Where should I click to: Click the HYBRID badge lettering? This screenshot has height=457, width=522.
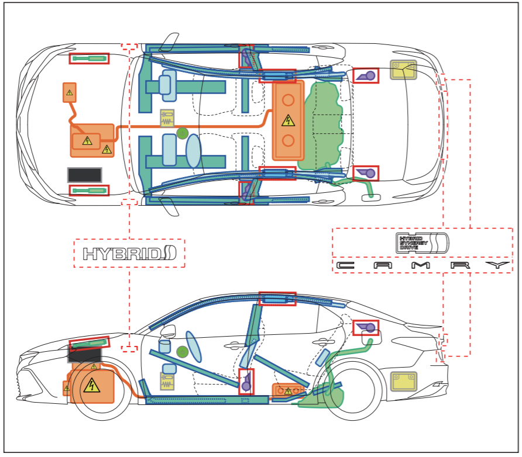(x=129, y=254)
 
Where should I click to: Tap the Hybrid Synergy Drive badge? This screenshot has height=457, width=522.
(x=422, y=243)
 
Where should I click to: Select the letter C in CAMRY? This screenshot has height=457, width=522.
(x=345, y=265)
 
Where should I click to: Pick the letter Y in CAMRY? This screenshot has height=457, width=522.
(x=497, y=265)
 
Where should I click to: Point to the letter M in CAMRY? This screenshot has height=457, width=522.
(x=421, y=265)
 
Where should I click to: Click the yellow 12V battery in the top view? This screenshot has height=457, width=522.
(x=403, y=70)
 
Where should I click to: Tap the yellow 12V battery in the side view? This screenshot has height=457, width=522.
(x=403, y=381)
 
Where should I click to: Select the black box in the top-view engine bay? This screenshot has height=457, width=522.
(x=84, y=175)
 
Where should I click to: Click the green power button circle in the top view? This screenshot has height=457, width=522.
(x=183, y=133)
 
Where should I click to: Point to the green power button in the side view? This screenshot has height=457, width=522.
(x=183, y=352)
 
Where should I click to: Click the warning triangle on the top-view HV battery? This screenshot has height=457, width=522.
(x=288, y=120)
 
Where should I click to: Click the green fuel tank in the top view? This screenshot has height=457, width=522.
(x=321, y=126)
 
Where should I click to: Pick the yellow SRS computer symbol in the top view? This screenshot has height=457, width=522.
(x=167, y=118)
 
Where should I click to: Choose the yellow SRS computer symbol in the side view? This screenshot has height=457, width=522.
(x=167, y=381)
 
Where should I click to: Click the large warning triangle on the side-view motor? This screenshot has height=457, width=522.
(x=91, y=386)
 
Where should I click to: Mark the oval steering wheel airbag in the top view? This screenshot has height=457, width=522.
(x=194, y=151)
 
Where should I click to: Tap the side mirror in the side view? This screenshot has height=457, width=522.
(x=169, y=331)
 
